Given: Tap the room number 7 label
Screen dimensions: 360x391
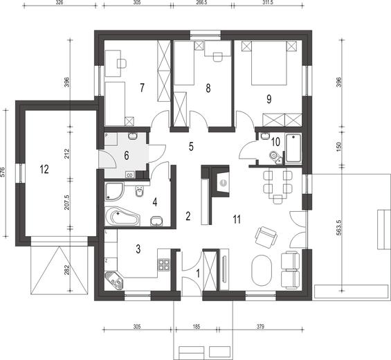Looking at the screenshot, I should (x=142, y=87).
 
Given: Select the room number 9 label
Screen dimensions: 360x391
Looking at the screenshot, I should (x=269, y=98).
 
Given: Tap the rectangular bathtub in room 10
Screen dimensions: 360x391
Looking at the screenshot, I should (x=293, y=147).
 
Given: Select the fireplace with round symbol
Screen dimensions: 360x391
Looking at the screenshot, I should (x=223, y=181).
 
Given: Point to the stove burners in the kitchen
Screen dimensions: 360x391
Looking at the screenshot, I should (x=165, y=264).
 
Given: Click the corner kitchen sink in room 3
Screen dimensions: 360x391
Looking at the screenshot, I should (x=114, y=280).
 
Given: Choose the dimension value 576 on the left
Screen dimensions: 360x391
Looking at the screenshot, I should (x=5, y=172).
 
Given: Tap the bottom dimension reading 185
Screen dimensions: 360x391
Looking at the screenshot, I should (x=203, y=325).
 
